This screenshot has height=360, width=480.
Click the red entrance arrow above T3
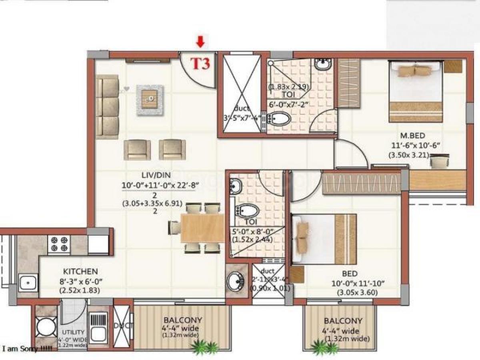(x=200, y=41)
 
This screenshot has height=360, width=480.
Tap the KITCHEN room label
(x=76, y=271)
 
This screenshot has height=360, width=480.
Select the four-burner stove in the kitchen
(x=59, y=244)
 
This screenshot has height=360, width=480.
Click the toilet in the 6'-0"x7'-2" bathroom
(x=280, y=119)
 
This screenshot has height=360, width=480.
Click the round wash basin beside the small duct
(x=236, y=282)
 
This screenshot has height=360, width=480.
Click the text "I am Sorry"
(x=27, y=349)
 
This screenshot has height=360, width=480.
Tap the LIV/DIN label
(x=154, y=175)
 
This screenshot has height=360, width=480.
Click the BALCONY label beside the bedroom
(x=343, y=321)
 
